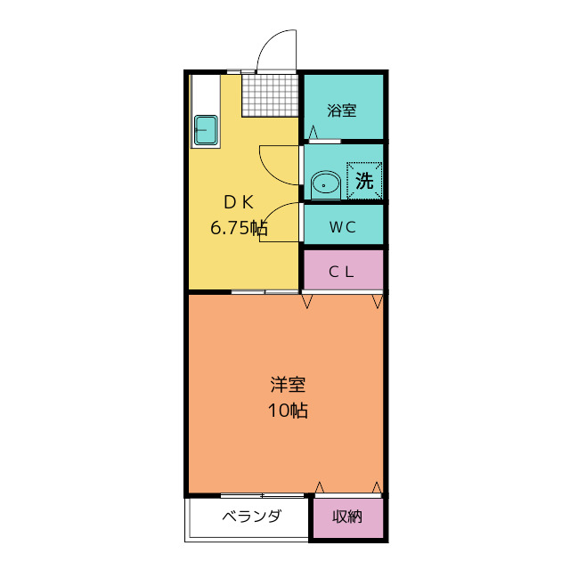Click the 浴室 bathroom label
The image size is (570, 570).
tap(341, 110)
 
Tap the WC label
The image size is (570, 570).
tap(342, 227)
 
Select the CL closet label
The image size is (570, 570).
tap(341, 272)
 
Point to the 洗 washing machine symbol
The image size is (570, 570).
tap(364, 180)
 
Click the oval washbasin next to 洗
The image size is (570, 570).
tap(325, 185)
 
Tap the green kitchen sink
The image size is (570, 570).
tap(206, 130)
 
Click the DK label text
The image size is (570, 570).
tap(239, 202)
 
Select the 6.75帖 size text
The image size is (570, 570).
tap(239, 228)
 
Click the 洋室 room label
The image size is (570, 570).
tap(288, 385)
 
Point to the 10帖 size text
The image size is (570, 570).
tap(288, 411)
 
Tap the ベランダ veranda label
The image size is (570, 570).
tap(251, 516)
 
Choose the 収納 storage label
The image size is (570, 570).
tap(347, 517)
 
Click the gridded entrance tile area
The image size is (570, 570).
tap(270, 95)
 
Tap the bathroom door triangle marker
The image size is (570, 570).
tap(313, 133)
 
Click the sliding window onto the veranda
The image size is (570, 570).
tap(262, 495)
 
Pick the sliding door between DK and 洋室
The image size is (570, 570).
tap(265, 292)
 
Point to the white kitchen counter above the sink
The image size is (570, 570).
tap(206, 94)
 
